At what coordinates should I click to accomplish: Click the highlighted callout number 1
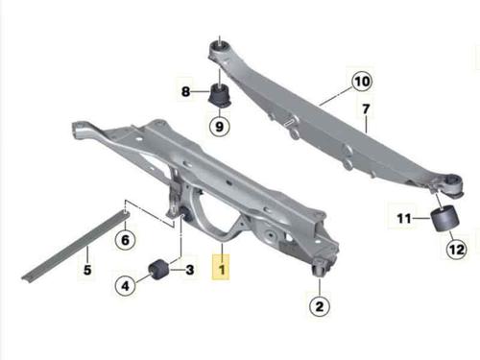(221, 267)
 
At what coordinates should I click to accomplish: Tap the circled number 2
(320, 306)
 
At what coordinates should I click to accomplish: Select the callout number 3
(190, 270)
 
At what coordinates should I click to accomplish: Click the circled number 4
(125, 285)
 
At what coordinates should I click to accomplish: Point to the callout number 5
(87, 270)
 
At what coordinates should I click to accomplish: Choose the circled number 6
(125, 240)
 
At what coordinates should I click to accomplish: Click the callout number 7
(366, 109)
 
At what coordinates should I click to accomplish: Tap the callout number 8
(185, 92)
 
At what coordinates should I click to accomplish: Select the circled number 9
(219, 126)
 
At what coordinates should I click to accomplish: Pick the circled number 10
(362, 82)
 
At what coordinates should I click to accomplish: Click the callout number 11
(404, 219)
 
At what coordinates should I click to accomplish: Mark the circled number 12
(457, 249)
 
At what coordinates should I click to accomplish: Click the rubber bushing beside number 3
(159, 270)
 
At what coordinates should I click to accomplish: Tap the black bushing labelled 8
(220, 95)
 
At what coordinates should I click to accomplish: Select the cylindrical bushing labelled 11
(445, 218)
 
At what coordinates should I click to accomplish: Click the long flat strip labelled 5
(76, 246)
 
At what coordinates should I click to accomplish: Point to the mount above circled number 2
(320, 267)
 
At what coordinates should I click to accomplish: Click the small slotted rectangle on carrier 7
(289, 121)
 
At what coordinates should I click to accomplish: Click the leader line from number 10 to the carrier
(335, 96)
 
